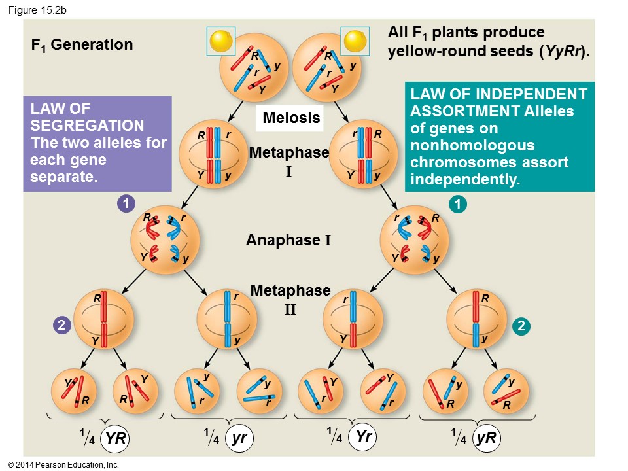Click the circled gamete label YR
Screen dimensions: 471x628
pyautogui.click(x=115, y=439)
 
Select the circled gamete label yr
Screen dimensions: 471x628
pyautogui.click(x=239, y=439)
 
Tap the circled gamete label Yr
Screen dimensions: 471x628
pyautogui.click(x=363, y=437)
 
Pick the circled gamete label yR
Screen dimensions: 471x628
pyautogui.click(x=486, y=439)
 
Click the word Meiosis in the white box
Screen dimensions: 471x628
pyautogui.click(x=291, y=118)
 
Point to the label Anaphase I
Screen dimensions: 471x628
pyautogui.click(x=288, y=240)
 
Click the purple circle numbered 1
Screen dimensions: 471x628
pyautogui.click(x=126, y=204)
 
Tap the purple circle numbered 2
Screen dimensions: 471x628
pyautogui.click(x=61, y=325)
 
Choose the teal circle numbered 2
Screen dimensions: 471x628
pyautogui.click(x=521, y=325)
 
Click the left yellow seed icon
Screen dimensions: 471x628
pyautogui.click(x=220, y=41)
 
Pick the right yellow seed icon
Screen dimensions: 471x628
pyautogui.click(x=357, y=41)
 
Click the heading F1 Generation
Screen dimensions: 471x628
pyautogui.click(x=82, y=44)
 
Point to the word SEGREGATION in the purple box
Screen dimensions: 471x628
pyautogui.click(x=87, y=126)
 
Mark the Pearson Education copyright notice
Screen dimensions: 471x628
pyautogui.click(x=63, y=464)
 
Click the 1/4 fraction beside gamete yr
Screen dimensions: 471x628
pyautogui.click(x=211, y=436)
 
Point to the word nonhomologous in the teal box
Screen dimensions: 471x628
pyautogui.click(x=474, y=145)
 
